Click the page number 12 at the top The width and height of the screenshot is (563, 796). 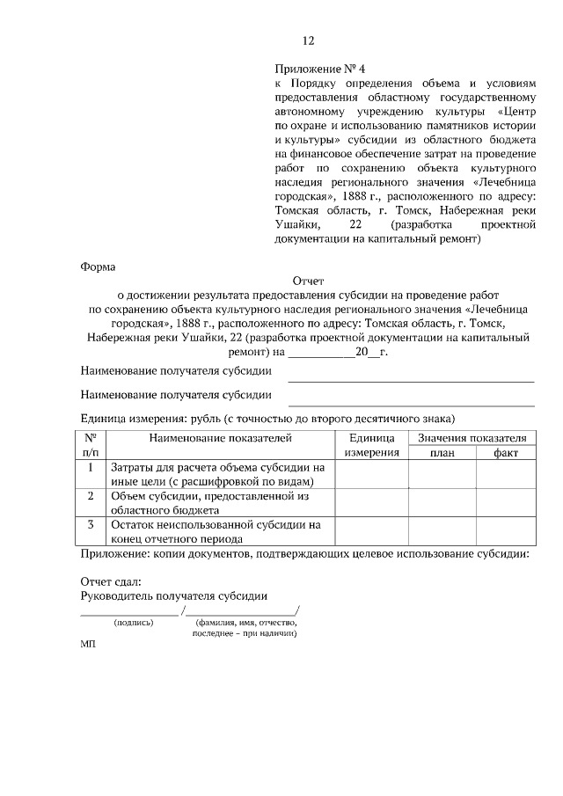tap(308, 41)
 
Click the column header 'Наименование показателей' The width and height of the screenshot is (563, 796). tap(220, 437)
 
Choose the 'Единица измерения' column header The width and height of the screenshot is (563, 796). tap(371, 444)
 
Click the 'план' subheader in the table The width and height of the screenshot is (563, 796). tap(442, 452)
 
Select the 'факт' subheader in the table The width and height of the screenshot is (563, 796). tap(506, 452)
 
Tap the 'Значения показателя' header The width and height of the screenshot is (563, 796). tap(472, 437)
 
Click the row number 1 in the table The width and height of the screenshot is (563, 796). tap(91, 467)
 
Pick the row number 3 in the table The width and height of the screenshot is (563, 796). tap(91, 525)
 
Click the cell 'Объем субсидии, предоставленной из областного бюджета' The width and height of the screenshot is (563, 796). tap(210, 502)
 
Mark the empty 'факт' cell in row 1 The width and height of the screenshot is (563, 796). tap(506, 474)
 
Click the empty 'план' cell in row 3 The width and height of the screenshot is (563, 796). tap(442, 532)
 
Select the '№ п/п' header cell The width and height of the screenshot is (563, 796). tap(91, 444)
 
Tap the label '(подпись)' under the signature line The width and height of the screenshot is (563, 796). tap(133, 622)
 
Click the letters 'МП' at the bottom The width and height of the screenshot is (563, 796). tap(88, 644)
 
